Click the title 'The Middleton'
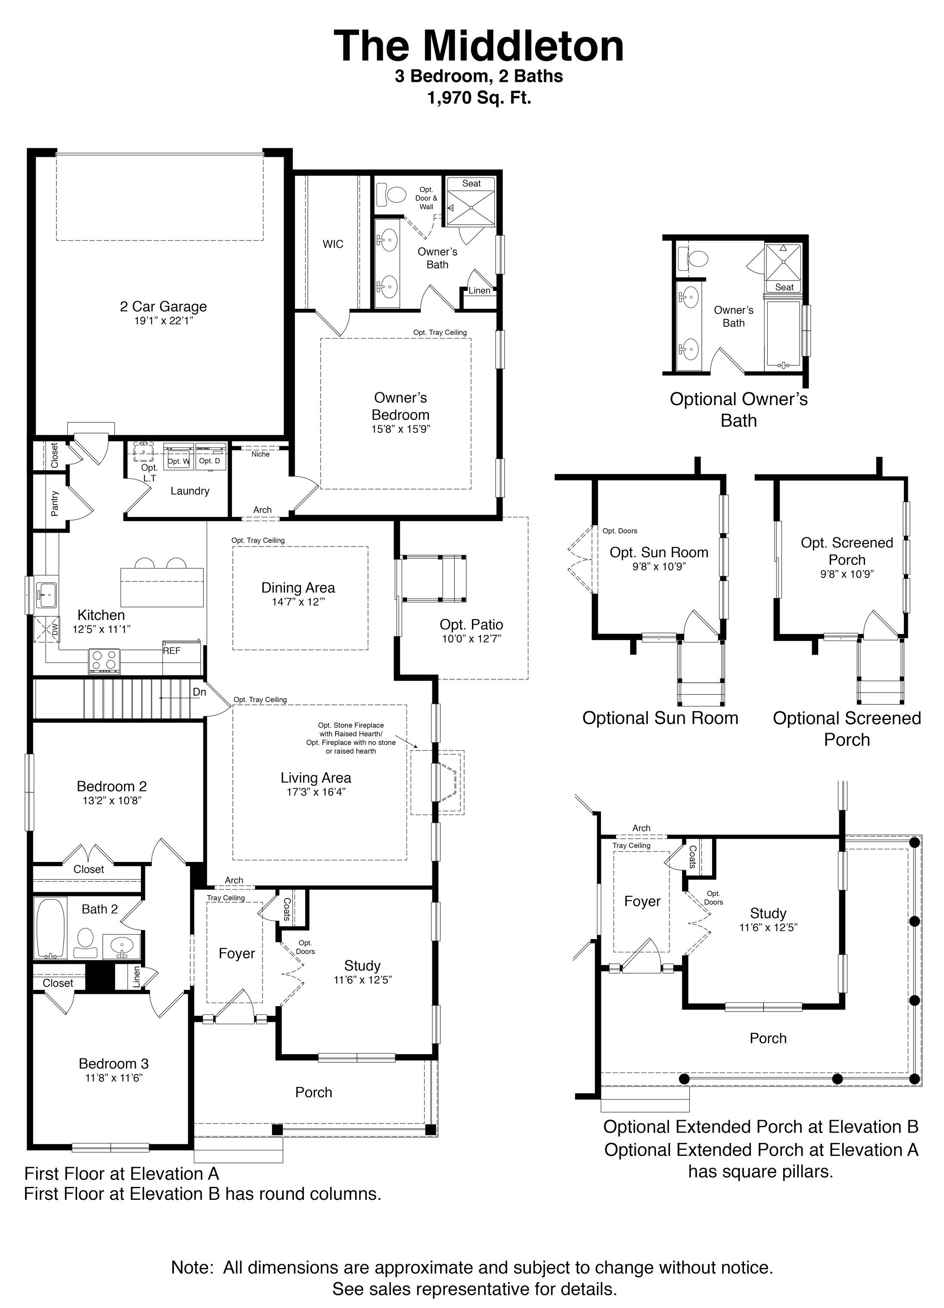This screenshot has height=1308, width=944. pos(478,46)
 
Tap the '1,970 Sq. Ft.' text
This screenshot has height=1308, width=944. pos(478,98)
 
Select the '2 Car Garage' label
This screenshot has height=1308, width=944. pos(163,306)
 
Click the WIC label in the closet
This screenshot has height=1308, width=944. pos(333,244)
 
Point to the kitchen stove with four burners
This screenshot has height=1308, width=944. pos(104,660)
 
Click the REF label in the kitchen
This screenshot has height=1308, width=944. pos(172,650)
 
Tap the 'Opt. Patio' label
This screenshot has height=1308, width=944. pos(471,624)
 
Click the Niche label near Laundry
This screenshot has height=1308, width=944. pos(261,454)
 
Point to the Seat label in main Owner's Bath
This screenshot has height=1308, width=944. pos(471,184)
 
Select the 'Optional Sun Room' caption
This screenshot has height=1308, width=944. pos(660,718)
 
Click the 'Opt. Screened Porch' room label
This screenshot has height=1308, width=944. pos(847,551)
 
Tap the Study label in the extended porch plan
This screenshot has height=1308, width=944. pos(768,913)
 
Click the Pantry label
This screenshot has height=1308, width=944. pos(55,503)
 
